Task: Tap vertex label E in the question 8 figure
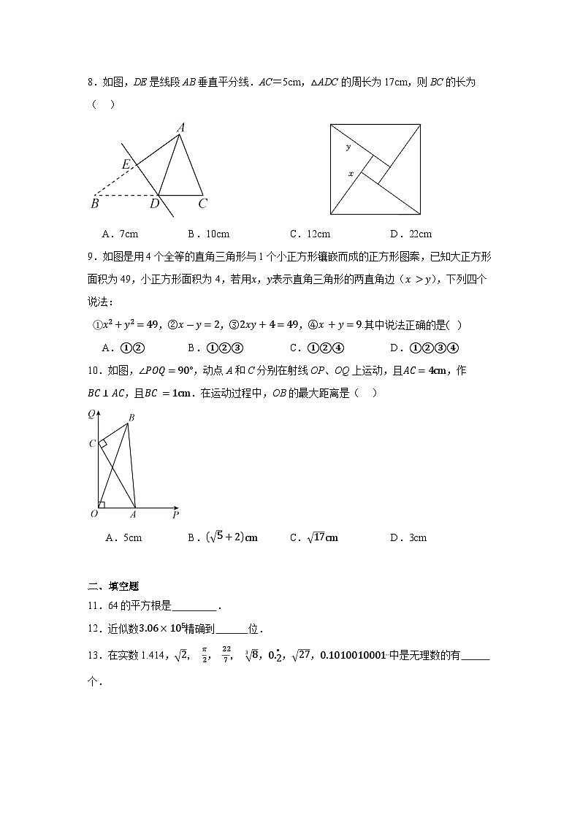tap(126, 166)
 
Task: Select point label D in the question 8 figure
tap(154, 204)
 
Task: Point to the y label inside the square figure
tap(348, 147)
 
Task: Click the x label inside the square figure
tap(351, 174)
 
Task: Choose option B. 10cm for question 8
tap(208, 234)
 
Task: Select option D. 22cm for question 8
tap(411, 234)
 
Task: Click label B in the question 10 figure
tap(131, 418)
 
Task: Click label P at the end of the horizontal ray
tap(175, 516)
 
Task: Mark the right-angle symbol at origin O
tap(102, 504)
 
